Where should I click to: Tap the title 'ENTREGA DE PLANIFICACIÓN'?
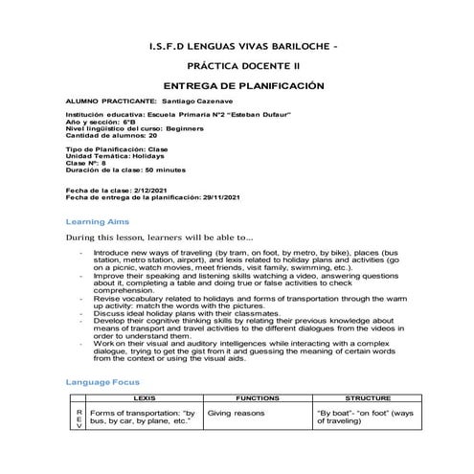pyautogui.click(x=237, y=85)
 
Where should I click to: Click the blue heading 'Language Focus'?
pyautogui.click(x=102, y=381)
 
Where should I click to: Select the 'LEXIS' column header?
pyautogui.click(x=145, y=396)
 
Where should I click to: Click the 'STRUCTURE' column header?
pyautogui.click(x=367, y=396)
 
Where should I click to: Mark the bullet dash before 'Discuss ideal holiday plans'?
pyautogui.click(x=82, y=311)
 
